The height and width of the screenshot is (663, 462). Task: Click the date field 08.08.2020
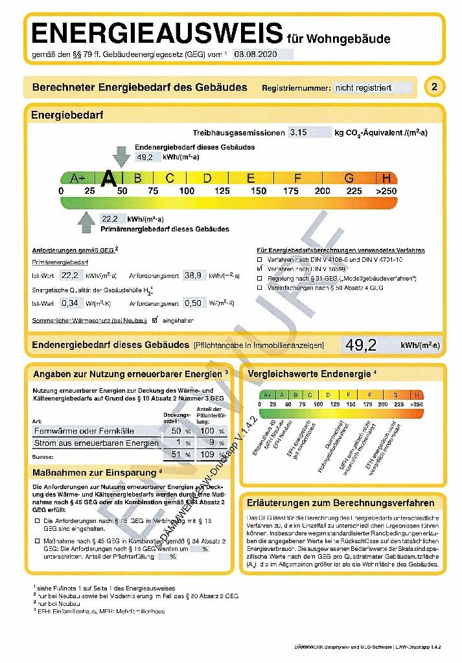tap(257, 54)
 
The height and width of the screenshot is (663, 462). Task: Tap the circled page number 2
tap(434, 87)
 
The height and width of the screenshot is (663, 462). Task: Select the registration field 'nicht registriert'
tap(364, 87)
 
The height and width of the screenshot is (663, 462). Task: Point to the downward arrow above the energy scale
tap(121, 156)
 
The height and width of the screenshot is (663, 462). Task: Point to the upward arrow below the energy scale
tap(86, 222)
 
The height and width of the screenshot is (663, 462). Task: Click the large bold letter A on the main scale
tap(110, 178)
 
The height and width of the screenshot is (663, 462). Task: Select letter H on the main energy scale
tap(387, 178)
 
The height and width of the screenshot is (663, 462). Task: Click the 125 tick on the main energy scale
tap(222, 191)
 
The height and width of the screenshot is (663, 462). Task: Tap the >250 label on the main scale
tap(386, 191)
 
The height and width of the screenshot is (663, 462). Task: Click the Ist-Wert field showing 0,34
tap(70, 303)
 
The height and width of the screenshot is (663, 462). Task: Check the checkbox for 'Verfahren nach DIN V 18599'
tap(260, 268)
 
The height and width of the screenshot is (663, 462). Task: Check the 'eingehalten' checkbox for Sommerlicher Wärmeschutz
tap(154, 320)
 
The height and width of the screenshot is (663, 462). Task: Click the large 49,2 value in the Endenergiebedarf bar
tap(361, 345)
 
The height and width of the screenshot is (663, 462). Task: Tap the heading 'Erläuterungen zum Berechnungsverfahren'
tap(340, 502)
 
